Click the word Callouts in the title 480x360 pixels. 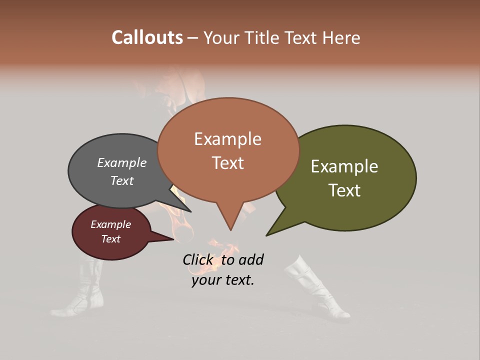[147, 37]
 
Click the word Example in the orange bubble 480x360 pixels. [227, 139]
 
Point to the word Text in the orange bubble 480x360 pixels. [227, 163]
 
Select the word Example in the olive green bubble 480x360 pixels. [344, 166]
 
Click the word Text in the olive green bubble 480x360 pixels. [344, 190]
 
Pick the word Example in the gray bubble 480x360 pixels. [121, 163]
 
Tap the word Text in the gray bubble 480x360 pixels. [121, 180]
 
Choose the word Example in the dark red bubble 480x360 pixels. [110, 224]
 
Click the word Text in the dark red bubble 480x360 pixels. [110, 239]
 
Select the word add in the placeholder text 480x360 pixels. [250, 259]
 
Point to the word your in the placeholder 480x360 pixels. [205, 280]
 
